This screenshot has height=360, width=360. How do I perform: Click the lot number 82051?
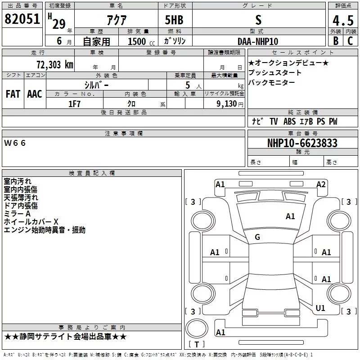[22, 19]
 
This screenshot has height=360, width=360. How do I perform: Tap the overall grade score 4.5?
[343, 21]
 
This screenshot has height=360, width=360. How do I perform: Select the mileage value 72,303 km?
[55, 64]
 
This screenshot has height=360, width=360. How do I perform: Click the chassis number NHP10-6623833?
[302, 143]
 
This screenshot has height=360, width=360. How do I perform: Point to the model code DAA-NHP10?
[258, 41]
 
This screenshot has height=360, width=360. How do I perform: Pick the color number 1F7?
[74, 104]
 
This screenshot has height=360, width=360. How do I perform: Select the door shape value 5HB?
[174, 20]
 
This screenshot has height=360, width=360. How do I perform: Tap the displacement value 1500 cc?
[141, 41]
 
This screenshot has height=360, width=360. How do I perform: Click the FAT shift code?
[13, 94]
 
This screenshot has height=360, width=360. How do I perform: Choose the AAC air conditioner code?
[35, 94]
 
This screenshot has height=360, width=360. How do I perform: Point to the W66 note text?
[15, 143]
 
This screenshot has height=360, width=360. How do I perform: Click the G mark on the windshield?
[257, 237]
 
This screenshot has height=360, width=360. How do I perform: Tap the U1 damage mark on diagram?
[320, 308]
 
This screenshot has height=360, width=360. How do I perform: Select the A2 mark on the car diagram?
[321, 184]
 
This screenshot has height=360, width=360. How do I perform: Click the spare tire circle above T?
[197, 328]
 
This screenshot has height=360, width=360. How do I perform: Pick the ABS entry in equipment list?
[289, 121]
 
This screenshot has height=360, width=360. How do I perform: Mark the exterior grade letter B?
[336, 41]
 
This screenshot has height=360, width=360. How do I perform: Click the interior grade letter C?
[350, 41]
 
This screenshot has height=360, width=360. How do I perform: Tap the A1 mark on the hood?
[290, 216]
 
